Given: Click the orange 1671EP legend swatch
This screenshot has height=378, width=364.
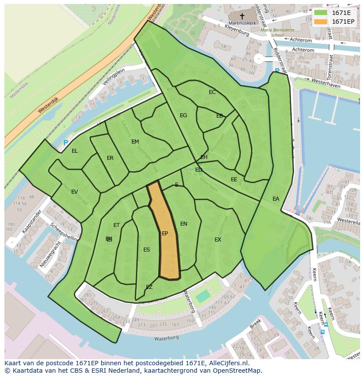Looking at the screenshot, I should [321, 22].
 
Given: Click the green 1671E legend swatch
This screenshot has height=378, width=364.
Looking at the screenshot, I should [321, 13].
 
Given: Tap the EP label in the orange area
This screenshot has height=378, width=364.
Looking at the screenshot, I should [165, 234].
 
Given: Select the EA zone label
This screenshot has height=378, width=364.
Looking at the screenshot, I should [276, 199].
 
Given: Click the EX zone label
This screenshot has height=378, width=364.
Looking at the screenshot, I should [218, 240].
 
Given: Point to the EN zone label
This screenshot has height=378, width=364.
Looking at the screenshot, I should [184, 224].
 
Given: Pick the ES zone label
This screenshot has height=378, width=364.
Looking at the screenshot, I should [146, 250].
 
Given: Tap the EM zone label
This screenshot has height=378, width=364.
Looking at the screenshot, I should [135, 142].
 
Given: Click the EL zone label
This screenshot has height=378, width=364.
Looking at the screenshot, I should [75, 151].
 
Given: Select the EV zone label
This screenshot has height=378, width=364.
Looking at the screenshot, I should [74, 192].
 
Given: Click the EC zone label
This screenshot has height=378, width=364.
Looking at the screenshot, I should [212, 92].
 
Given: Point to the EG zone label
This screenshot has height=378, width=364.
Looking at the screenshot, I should [183, 115].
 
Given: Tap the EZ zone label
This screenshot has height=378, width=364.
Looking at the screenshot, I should [149, 287].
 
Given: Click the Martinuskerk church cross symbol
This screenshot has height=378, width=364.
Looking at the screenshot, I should [242, 16].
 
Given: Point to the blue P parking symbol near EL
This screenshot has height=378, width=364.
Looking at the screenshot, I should [66, 143].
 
